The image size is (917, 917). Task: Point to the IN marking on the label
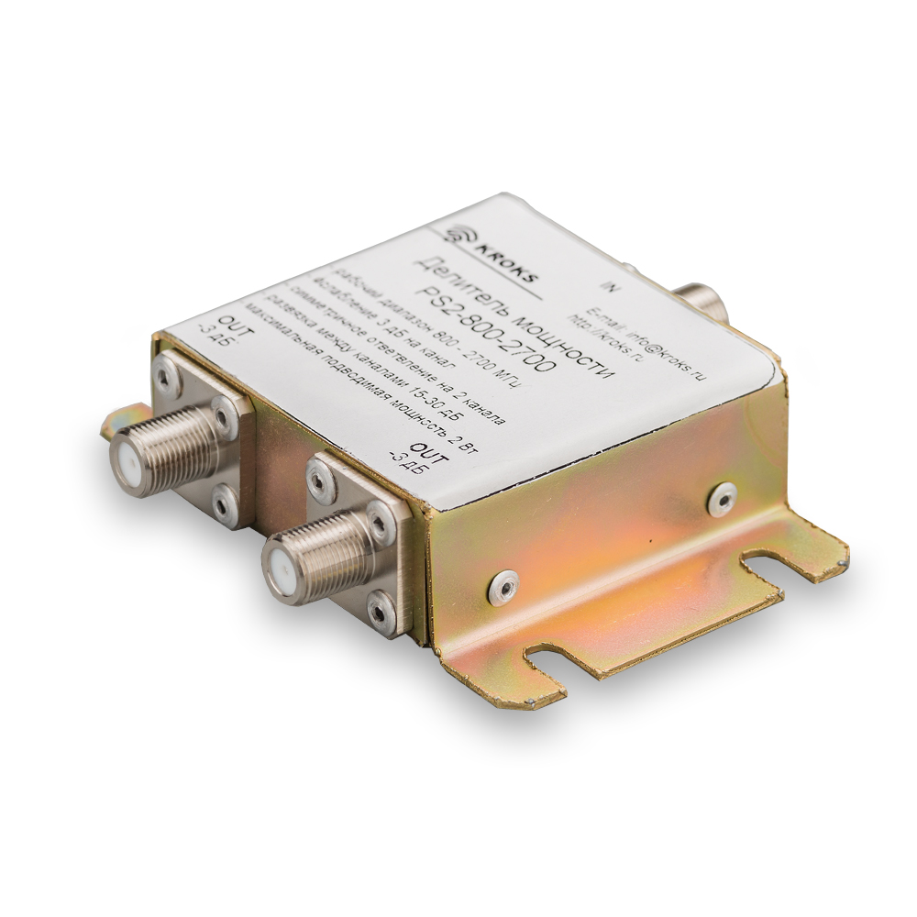coord(615,285)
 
